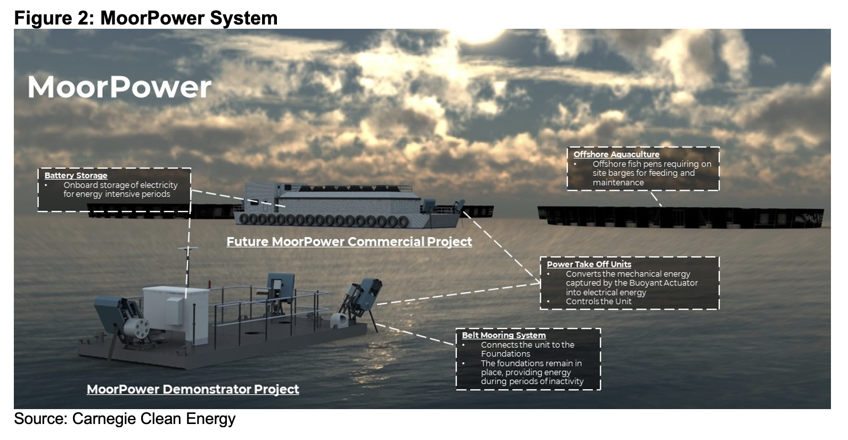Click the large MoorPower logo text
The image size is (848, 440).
coord(119,87)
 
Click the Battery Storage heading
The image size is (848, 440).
coord(76,175)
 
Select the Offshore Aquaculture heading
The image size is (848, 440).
coord(616,154)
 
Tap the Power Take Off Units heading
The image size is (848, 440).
coord(589,264)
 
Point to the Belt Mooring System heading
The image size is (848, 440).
coord(503,335)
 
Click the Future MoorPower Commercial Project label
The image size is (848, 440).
coord(349,242)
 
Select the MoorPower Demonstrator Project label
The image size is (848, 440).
coord(193,389)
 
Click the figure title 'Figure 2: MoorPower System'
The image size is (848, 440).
coord(145,18)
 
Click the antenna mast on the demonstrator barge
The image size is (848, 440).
coord(186,266)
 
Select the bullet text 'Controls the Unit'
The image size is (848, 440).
coord(598,302)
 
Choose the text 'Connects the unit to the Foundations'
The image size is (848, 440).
coord(527,349)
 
